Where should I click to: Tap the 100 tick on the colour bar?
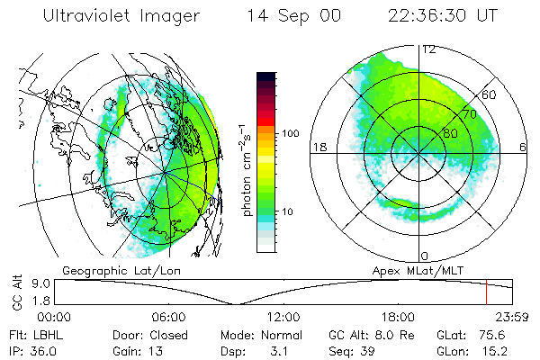click(x=292, y=133)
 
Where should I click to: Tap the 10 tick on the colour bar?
click(x=289, y=211)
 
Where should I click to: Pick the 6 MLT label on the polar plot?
click(x=524, y=147)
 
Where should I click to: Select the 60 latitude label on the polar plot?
click(x=490, y=94)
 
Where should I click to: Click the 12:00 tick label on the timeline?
click(x=283, y=317)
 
